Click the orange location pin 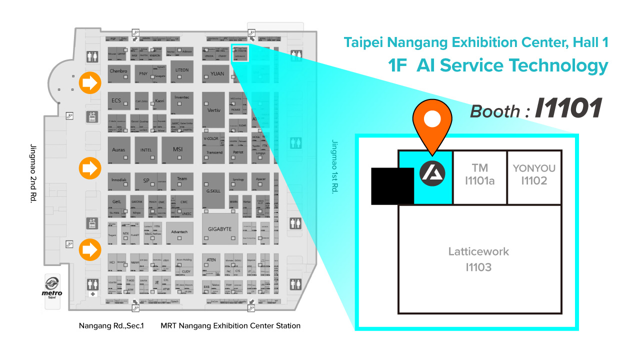pos(432,122)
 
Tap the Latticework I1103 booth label pos(478,259)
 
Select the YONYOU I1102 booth pos(534,175)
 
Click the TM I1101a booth pos(479,175)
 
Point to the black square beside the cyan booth pos(392,186)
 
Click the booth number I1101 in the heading pos(568,108)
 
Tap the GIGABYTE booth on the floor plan pos(219,229)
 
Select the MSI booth pos(178,150)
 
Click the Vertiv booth pos(213,110)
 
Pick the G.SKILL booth pos(213,190)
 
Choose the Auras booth pos(119,150)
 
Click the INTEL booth pos(146,150)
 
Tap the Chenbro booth pos(118,71)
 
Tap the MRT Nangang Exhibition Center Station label pos(230,326)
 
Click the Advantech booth pos(179,232)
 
